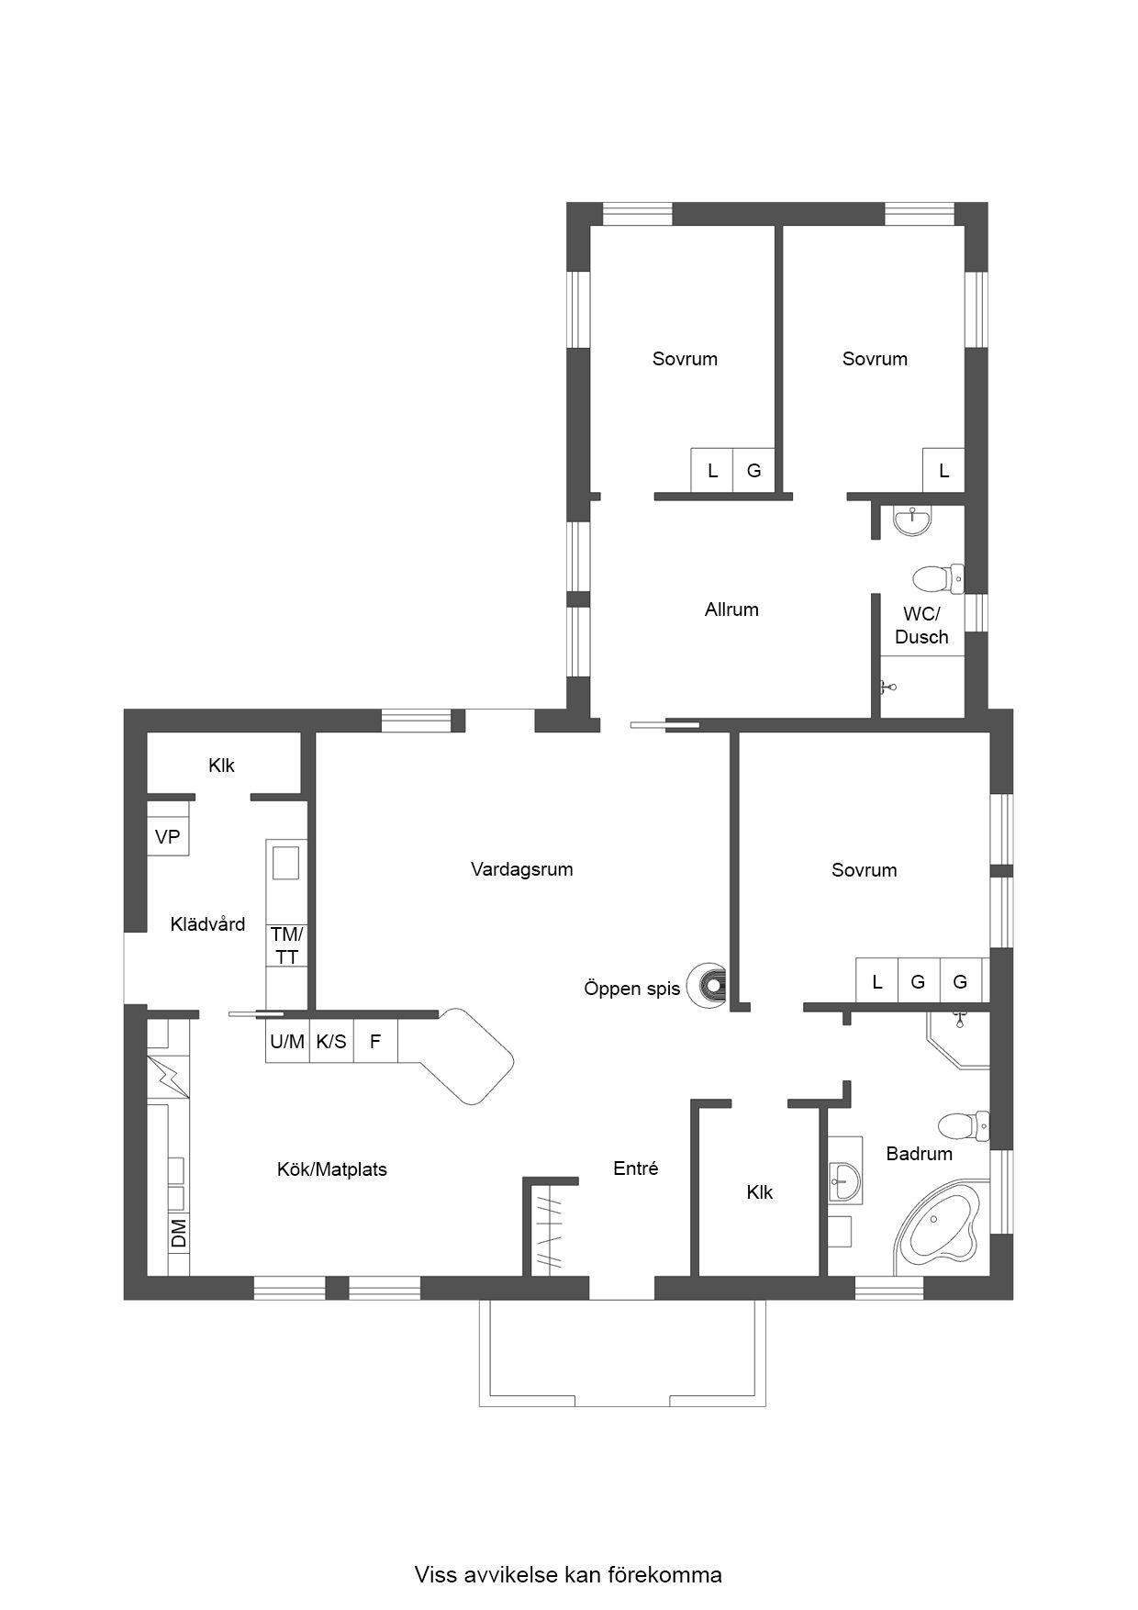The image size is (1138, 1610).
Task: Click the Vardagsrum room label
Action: [x=521, y=869]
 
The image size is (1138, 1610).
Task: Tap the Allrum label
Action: [x=731, y=609]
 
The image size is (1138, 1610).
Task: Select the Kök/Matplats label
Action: [x=332, y=1169]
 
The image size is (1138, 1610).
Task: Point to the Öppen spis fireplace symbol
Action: [x=708, y=986]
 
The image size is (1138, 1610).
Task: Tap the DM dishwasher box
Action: [x=179, y=1233]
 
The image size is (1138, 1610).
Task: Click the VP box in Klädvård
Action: [x=168, y=837]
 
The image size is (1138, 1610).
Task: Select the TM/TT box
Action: [x=286, y=945]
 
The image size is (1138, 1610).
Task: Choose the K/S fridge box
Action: [x=331, y=1042]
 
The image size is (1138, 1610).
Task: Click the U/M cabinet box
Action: [x=287, y=1042]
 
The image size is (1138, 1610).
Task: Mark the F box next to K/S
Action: [x=375, y=1042]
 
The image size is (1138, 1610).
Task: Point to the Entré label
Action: [x=636, y=1168]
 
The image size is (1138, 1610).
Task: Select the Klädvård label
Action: [x=208, y=924]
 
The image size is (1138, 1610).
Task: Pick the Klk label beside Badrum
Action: [x=760, y=1192]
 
